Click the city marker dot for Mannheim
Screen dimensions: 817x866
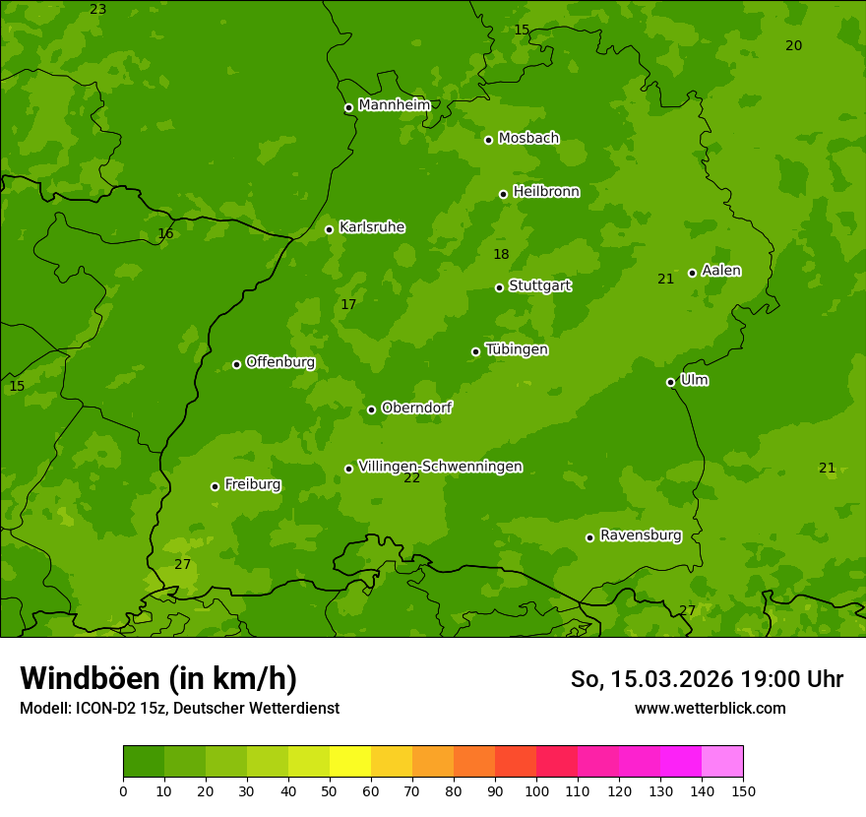click(x=348, y=108)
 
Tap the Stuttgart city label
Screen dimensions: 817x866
click(x=539, y=286)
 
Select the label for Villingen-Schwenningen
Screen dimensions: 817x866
click(x=440, y=467)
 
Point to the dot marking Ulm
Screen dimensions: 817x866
click(x=671, y=382)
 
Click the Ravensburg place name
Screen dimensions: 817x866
click(x=641, y=535)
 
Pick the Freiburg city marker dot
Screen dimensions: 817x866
click(x=215, y=486)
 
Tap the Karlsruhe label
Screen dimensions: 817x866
click(x=372, y=227)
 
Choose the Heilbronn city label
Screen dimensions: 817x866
click(x=546, y=192)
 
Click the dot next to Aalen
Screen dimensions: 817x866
click(x=692, y=273)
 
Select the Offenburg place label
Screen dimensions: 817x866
click(x=280, y=362)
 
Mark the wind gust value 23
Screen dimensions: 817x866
click(x=97, y=9)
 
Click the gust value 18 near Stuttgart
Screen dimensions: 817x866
click(x=501, y=255)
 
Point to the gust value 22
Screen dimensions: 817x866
click(x=411, y=478)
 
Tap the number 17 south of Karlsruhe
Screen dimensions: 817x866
click(x=348, y=305)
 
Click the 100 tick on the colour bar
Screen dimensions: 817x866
click(x=536, y=791)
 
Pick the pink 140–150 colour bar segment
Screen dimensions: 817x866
click(x=722, y=762)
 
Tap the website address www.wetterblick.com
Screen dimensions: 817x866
click(x=710, y=709)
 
